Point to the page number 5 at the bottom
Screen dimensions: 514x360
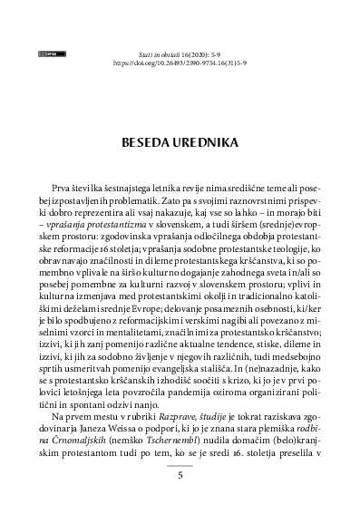click(180, 474)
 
